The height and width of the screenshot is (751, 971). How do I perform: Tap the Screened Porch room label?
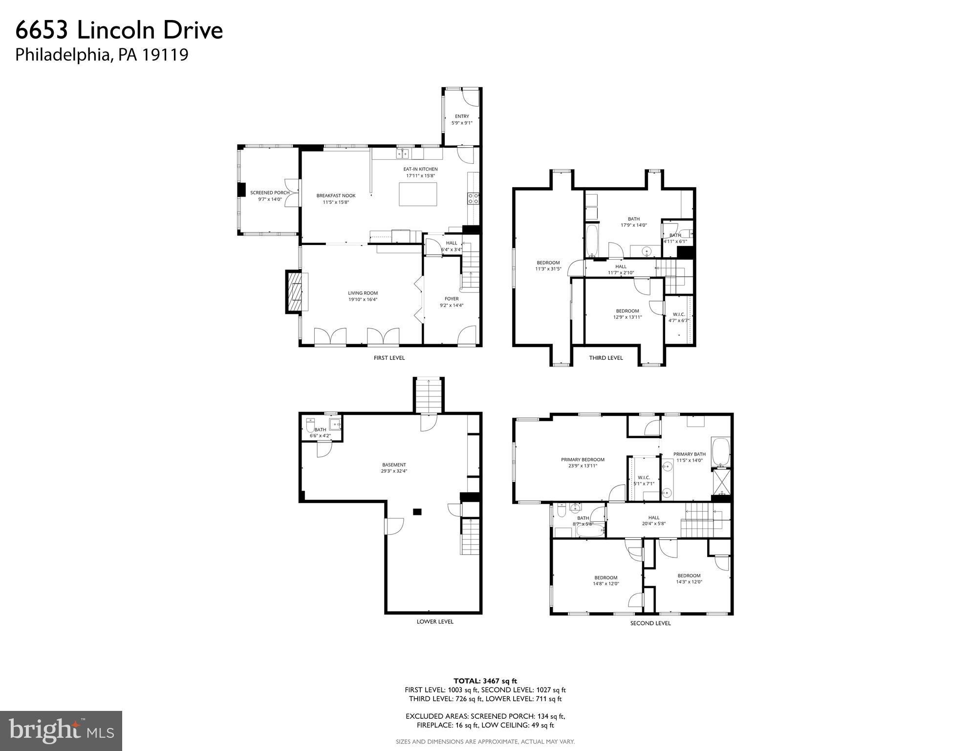(270, 196)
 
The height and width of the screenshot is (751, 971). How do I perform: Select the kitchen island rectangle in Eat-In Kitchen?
(418, 194)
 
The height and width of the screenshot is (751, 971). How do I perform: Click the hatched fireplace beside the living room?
(295, 292)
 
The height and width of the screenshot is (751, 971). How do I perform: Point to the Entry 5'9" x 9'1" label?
(462, 120)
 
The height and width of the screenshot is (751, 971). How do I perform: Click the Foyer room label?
(452, 302)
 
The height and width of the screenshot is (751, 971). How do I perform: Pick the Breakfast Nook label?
(336, 199)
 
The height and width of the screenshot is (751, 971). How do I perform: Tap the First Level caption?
(389, 357)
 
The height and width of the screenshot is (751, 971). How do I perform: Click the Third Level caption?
(605, 357)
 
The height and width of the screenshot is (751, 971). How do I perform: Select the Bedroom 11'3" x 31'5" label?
(548, 265)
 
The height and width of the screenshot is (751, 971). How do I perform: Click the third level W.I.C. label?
(678, 317)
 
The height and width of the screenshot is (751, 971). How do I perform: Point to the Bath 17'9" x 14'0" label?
(633, 222)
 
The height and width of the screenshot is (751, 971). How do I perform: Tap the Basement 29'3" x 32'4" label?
(394, 468)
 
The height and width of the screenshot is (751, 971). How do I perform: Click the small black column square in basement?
(417, 511)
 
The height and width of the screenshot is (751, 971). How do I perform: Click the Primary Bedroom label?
(583, 463)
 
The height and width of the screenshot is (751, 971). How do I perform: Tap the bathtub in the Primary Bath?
(720, 452)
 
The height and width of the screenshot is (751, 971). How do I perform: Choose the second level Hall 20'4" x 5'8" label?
(653, 520)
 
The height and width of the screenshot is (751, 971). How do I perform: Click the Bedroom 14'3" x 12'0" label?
(689, 578)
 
